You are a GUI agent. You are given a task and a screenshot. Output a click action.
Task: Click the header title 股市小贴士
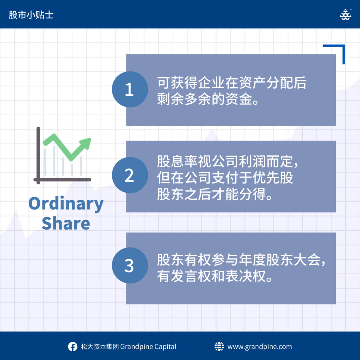click(31, 15)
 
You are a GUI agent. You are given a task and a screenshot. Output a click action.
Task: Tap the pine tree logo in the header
click(345, 14)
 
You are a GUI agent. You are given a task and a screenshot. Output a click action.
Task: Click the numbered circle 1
click(130, 89)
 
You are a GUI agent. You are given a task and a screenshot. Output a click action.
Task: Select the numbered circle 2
click(130, 175)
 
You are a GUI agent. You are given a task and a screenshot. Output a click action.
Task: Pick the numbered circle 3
click(130, 265)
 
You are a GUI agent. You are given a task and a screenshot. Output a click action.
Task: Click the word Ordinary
click(66, 204)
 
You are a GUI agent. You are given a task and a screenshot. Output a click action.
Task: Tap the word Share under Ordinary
click(66, 223)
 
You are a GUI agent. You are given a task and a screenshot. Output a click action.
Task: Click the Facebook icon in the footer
click(72, 346)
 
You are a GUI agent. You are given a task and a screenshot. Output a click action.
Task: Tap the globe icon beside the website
click(219, 346)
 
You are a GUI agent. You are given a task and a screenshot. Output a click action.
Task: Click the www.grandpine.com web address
click(260, 346)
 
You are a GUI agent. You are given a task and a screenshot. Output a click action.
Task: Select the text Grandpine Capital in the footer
click(148, 346)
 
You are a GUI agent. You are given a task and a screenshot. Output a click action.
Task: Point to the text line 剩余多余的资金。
click(208, 99)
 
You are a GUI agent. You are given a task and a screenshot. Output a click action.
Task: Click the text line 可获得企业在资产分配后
click(232, 83)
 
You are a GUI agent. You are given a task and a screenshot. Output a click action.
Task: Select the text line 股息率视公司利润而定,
click(227, 161)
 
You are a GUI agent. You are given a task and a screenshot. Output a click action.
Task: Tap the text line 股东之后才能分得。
click(215, 194)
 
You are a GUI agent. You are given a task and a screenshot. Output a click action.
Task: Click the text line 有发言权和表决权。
click(215, 276)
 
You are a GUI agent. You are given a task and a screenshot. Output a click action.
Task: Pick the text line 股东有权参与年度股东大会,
click(241, 260)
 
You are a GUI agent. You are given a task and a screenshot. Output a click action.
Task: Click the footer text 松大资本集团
click(100, 346)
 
